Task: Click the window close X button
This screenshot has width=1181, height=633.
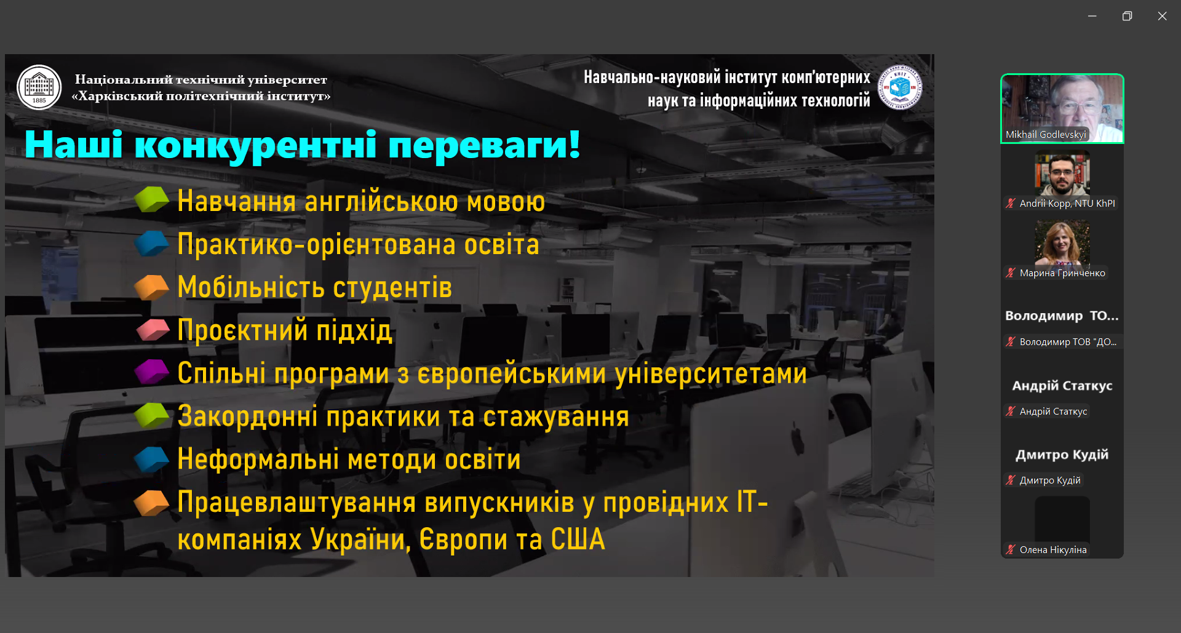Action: [1162, 16]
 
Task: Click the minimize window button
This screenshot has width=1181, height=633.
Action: [1092, 16]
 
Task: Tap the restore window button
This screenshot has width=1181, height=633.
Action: [1127, 16]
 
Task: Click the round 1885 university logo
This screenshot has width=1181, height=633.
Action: [39, 87]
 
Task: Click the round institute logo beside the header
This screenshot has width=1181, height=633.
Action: [900, 87]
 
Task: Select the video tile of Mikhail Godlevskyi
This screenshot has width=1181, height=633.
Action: [1062, 108]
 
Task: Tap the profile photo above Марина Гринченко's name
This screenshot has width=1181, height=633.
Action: [1062, 242]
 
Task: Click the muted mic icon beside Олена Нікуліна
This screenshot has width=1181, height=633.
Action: [1011, 549]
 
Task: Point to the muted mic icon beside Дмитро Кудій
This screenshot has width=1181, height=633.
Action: [1011, 480]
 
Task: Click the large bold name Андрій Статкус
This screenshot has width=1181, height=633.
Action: [1062, 386]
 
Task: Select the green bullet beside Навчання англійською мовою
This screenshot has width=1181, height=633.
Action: [151, 199]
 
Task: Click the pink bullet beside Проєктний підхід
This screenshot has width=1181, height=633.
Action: [153, 330]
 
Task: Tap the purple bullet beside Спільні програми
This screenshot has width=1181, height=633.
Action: [151, 372]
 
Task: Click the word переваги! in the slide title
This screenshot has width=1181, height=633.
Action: [485, 145]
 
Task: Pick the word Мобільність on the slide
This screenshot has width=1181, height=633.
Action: [251, 287]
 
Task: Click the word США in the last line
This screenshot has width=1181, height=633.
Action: [578, 539]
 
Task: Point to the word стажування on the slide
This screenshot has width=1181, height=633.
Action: [556, 416]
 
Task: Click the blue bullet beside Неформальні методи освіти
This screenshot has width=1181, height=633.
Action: [151, 459]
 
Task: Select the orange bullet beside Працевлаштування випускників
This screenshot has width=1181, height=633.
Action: [151, 503]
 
